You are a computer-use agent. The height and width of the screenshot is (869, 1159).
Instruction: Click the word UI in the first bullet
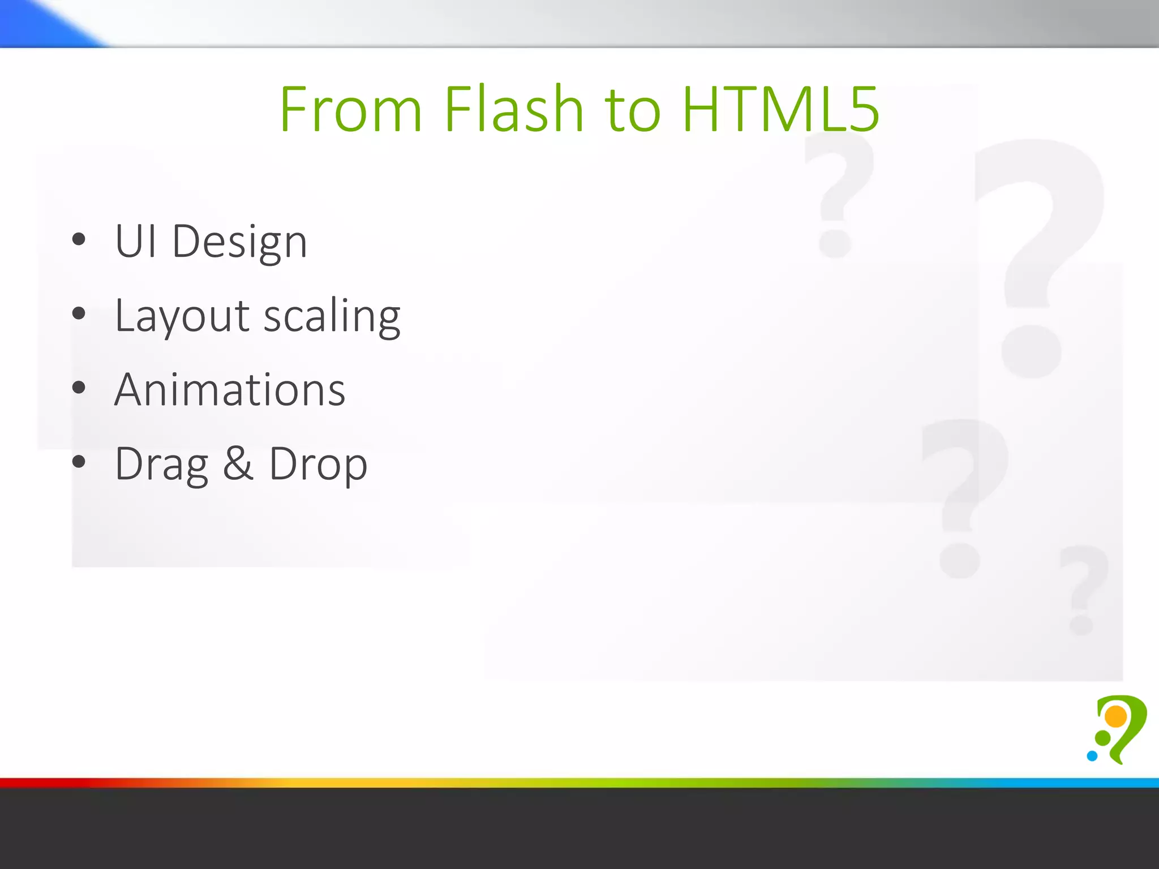coord(135,242)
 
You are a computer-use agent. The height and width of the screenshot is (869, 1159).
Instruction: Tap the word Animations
coord(230,390)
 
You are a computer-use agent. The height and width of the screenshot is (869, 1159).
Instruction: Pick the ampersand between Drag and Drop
coord(238,464)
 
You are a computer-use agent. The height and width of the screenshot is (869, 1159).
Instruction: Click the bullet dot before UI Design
coord(79,239)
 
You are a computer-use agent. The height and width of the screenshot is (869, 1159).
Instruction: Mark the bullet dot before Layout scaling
coord(79,313)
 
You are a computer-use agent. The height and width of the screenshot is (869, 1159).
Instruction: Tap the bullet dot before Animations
coord(79,388)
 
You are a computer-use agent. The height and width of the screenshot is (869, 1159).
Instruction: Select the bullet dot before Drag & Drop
coord(79,462)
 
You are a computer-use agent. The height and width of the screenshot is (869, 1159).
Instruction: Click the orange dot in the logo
coord(1116,716)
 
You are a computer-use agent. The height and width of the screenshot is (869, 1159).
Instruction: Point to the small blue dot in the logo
coord(1092,756)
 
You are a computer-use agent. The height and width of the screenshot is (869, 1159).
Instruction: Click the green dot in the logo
coord(1103,738)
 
